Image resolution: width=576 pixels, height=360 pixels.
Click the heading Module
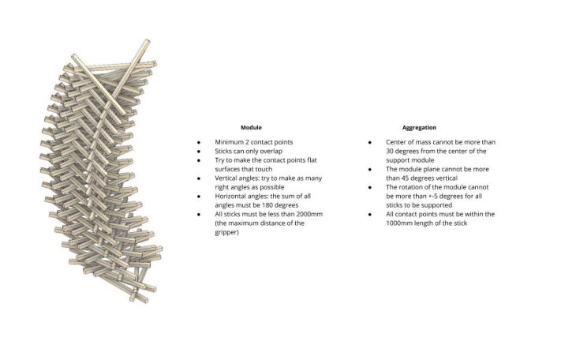pyautogui.click(x=251, y=128)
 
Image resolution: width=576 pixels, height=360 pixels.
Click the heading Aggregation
pyautogui.click(x=419, y=128)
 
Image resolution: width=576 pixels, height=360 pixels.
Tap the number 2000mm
pyautogui.click(x=309, y=214)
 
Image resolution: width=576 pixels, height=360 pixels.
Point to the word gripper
pyautogui.click(x=227, y=232)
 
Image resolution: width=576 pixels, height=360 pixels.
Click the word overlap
pyautogui.click(x=271, y=151)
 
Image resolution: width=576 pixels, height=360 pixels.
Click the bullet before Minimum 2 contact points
pyautogui.click(x=199, y=142)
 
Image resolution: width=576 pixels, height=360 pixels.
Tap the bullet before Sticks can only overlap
pyautogui.click(x=199, y=151)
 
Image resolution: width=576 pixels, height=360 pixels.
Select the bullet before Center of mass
pyautogui.click(x=370, y=142)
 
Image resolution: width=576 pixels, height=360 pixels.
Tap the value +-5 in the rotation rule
pyautogui.click(x=433, y=197)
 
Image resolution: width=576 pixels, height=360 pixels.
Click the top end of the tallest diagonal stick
pyautogui.click(x=148, y=41)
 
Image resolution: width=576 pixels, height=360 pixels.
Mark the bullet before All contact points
pyautogui.click(x=370, y=215)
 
